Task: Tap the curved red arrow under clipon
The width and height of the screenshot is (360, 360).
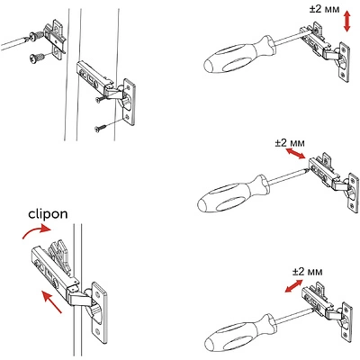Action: click(x=35, y=230)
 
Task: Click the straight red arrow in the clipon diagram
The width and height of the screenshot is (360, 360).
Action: click(x=51, y=301)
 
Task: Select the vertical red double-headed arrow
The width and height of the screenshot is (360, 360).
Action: click(x=346, y=22)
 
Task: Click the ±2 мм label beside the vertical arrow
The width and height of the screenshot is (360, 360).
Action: click(x=325, y=9)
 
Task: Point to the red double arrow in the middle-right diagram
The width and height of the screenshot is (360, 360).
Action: click(x=295, y=153)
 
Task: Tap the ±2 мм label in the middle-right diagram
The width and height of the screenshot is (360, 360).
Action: click(x=290, y=143)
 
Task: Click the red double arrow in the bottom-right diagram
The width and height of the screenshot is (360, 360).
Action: click(x=293, y=286)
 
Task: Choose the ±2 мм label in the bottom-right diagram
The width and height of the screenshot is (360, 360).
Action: click(x=308, y=272)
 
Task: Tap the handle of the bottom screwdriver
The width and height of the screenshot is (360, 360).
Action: click(x=239, y=331)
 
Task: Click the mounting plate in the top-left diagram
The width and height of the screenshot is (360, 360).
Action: click(x=55, y=39)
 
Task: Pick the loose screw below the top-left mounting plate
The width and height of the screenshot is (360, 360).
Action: click(x=37, y=58)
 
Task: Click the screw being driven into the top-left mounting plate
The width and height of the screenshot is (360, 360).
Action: click(x=35, y=38)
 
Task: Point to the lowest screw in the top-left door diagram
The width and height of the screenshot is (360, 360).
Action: click(x=100, y=129)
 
